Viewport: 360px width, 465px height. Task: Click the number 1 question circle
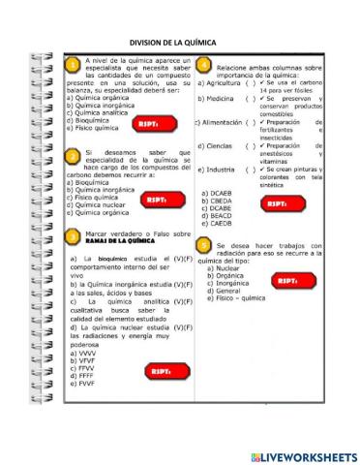point(73,65)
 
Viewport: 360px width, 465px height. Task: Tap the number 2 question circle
point(73,156)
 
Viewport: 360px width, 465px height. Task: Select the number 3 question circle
point(73,235)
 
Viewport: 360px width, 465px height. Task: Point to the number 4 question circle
point(204,65)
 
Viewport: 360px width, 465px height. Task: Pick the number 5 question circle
point(204,245)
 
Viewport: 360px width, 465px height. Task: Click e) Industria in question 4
point(219,169)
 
